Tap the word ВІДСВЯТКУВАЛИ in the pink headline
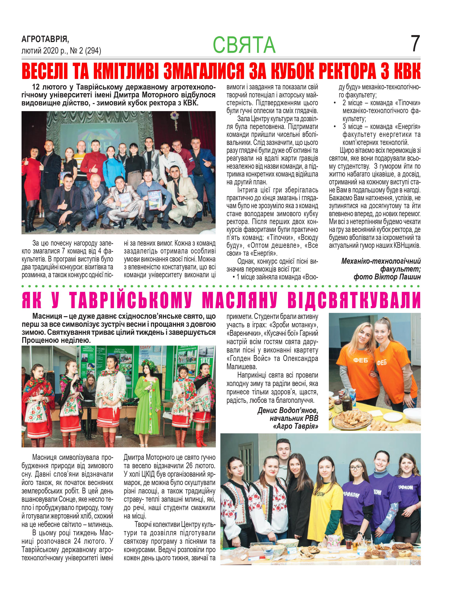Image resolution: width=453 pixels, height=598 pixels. coord(354,300)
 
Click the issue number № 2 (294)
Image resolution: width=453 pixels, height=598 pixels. coord(86,51)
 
